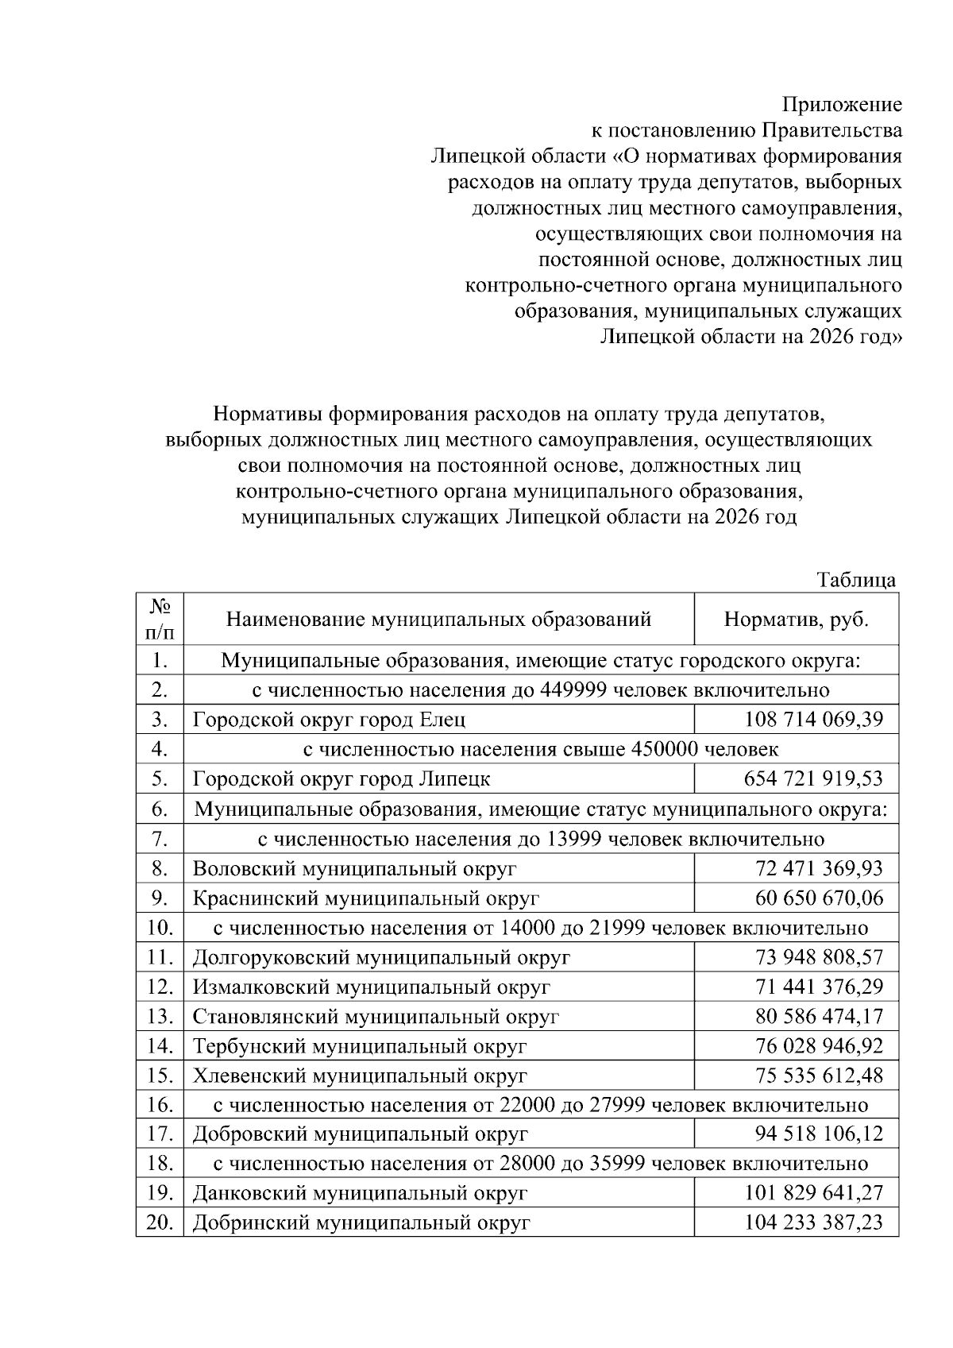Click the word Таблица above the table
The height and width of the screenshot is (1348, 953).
856,580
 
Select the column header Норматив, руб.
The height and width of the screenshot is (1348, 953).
796,620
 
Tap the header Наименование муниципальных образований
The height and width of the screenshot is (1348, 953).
438,620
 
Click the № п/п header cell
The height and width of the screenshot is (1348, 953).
160,620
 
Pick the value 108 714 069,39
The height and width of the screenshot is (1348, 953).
813,720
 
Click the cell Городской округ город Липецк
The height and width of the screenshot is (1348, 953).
341,779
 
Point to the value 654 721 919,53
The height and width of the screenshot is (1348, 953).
813,779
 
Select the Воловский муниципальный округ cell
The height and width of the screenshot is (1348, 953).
354,868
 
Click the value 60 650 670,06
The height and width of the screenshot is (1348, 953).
818,898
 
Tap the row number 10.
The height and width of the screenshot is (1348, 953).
160,928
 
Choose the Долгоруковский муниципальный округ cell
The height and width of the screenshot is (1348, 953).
381,958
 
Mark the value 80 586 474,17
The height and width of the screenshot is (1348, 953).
818,1017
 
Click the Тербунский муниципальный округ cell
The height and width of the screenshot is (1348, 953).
360,1047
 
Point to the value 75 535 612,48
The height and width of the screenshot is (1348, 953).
818,1076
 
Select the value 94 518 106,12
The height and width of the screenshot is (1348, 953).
818,1134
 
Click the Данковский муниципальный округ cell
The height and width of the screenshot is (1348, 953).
360,1194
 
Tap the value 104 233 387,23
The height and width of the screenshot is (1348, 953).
813,1223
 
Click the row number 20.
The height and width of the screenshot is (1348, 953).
160,1223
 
